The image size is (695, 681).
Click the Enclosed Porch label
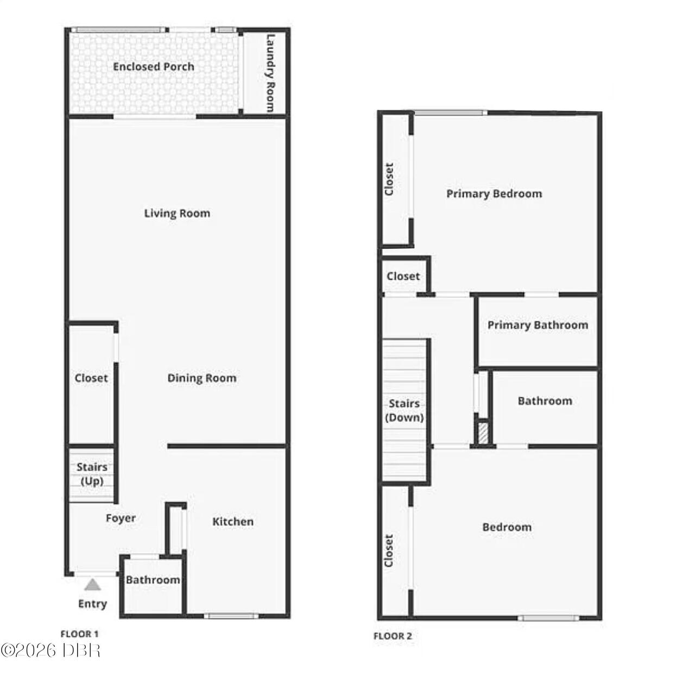click(154, 67)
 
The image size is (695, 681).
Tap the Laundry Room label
click(270, 73)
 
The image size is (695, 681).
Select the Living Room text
click(177, 214)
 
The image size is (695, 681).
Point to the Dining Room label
click(202, 378)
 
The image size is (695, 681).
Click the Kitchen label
click(233, 521)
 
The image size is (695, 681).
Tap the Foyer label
click(121, 518)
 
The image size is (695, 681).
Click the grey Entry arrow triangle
click(93, 585)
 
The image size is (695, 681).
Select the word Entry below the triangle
click(93, 604)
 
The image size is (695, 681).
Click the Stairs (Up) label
click(92, 474)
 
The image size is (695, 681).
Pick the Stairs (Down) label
click(405, 410)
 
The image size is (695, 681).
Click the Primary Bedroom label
click(494, 194)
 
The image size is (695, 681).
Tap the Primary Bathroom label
click(538, 325)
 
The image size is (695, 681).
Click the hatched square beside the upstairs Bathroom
click(483, 433)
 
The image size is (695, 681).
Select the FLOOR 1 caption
click(79, 634)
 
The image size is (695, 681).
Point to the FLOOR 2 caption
click(393, 636)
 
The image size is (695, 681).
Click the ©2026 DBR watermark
click(50, 651)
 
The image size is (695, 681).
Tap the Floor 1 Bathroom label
click(153, 580)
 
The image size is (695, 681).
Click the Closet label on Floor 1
click(91, 378)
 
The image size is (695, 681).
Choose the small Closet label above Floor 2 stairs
click(403, 276)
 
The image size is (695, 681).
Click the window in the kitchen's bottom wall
click(231, 616)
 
